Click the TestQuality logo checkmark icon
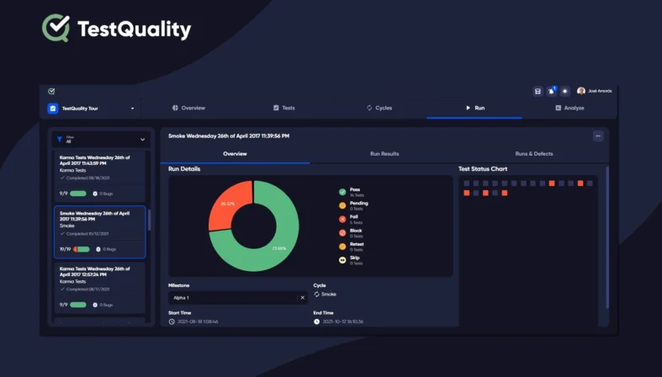(56, 28)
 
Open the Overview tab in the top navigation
(188, 108)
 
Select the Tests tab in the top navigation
(283, 108)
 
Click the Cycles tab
(379, 108)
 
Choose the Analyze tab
(569, 108)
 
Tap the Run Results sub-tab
(384, 154)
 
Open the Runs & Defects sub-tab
(533, 154)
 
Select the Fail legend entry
(353, 219)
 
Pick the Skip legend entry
(353, 260)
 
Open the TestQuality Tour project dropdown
(91, 109)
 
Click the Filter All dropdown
(100, 140)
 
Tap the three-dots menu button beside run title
(598, 135)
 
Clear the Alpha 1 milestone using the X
(302, 298)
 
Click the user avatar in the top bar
(580, 91)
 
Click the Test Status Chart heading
(483, 169)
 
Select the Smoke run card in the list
(99, 231)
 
